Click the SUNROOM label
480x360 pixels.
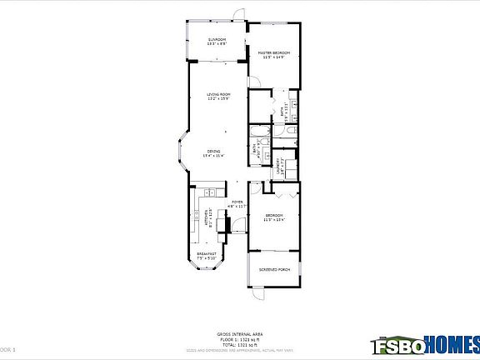click(217, 41)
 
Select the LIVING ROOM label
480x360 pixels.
click(218, 97)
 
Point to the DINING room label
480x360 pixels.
click(214, 152)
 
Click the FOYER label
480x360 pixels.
click(237, 203)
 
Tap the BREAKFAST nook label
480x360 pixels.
click(207, 256)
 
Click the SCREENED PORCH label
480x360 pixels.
click(274, 270)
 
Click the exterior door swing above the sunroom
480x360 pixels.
click(239, 15)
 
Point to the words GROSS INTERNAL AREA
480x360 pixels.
click(239, 332)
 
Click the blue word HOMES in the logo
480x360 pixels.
click(451, 342)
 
